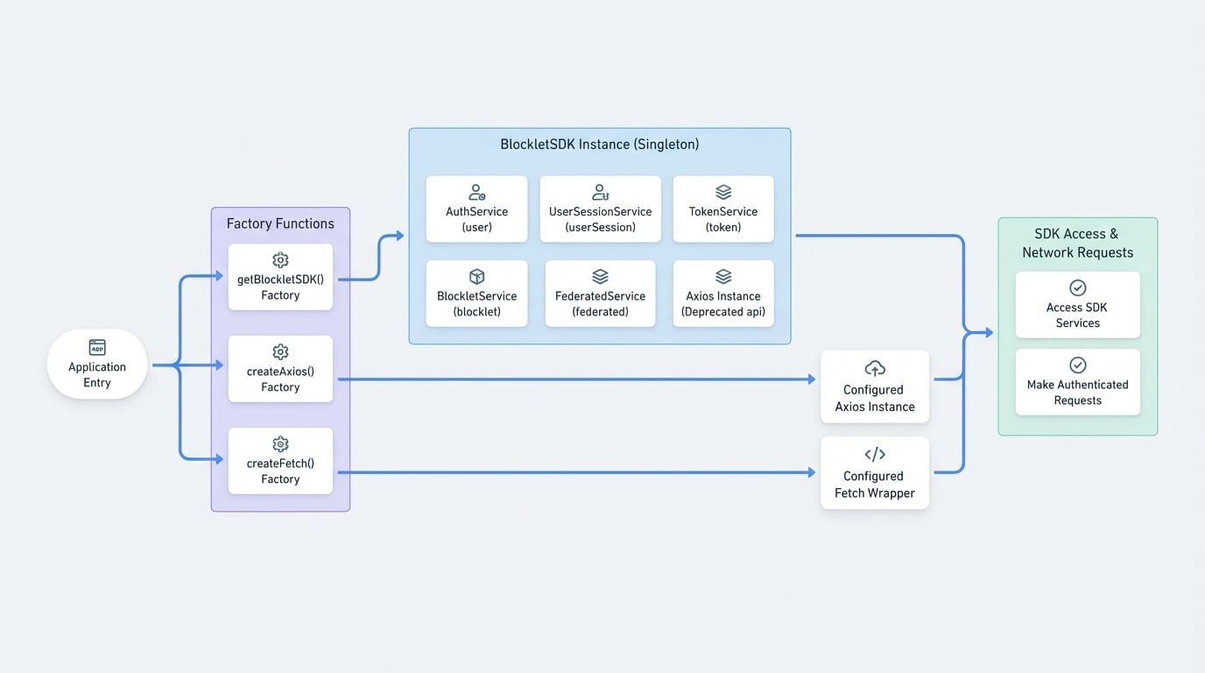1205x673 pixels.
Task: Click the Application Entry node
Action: point(97,365)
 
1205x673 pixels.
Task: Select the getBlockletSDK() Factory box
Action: point(280,277)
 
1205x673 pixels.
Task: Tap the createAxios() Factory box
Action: point(280,369)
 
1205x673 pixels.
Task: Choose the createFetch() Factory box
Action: point(280,461)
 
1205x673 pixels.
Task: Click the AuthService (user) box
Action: point(476,209)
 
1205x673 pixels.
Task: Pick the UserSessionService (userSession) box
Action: point(600,209)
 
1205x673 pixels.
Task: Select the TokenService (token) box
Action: point(723,209)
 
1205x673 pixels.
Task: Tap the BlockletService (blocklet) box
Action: point(476,294)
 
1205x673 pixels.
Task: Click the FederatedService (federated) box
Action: point(600,294)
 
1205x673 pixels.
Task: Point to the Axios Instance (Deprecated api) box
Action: point(723,294)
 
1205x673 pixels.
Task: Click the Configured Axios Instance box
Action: point(874,387)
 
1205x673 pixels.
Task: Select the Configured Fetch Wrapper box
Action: point(874,473)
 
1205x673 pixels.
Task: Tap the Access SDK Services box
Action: point(1077,305)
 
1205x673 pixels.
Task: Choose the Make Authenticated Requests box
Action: point(1077,382)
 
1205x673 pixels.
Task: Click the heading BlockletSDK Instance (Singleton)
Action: point(599,145)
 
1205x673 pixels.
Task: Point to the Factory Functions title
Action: point(280,223)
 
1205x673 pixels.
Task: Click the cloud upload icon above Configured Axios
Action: point(874,368)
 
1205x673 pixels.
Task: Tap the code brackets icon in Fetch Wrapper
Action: point(874,454)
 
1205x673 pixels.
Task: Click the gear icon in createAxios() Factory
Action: point(280,352)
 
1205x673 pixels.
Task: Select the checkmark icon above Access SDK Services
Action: point(1077,287)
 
